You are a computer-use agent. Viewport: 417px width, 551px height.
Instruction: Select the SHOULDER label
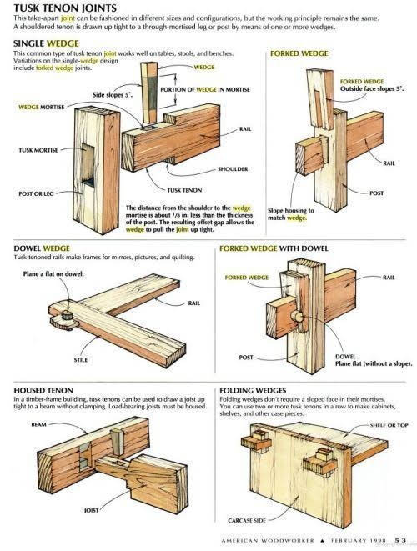(233, 168)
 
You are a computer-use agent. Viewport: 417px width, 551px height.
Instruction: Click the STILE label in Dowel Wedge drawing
(103, 338)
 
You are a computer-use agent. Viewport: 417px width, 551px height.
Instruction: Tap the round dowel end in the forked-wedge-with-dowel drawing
(297, 318)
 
